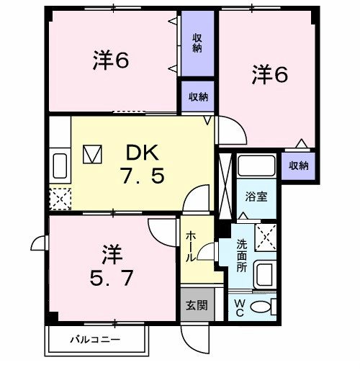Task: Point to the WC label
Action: tap(240, 306)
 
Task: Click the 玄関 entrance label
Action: tap(196, 305)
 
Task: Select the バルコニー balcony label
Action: tap(95, 338)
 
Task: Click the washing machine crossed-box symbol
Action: tap(266, 234)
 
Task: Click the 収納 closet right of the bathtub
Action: tap(299, 166)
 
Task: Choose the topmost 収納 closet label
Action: tap(197, 43)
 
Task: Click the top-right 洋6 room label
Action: tap(269, 73)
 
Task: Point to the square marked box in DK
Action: tap(94, 153)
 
